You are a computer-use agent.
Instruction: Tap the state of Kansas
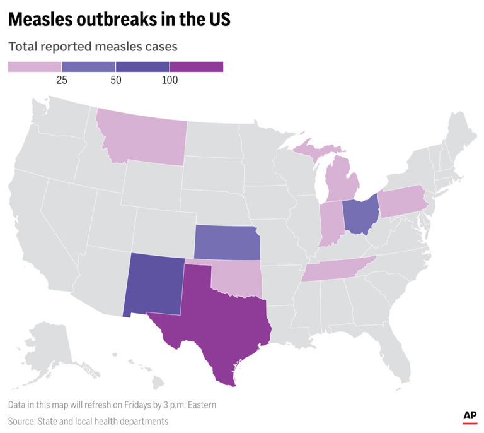226,242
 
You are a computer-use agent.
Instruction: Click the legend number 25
62,80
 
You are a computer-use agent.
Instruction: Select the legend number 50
116,80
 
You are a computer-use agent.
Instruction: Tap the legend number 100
170,80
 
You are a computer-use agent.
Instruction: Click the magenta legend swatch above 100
197,67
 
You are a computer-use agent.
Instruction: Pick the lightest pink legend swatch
35,67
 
